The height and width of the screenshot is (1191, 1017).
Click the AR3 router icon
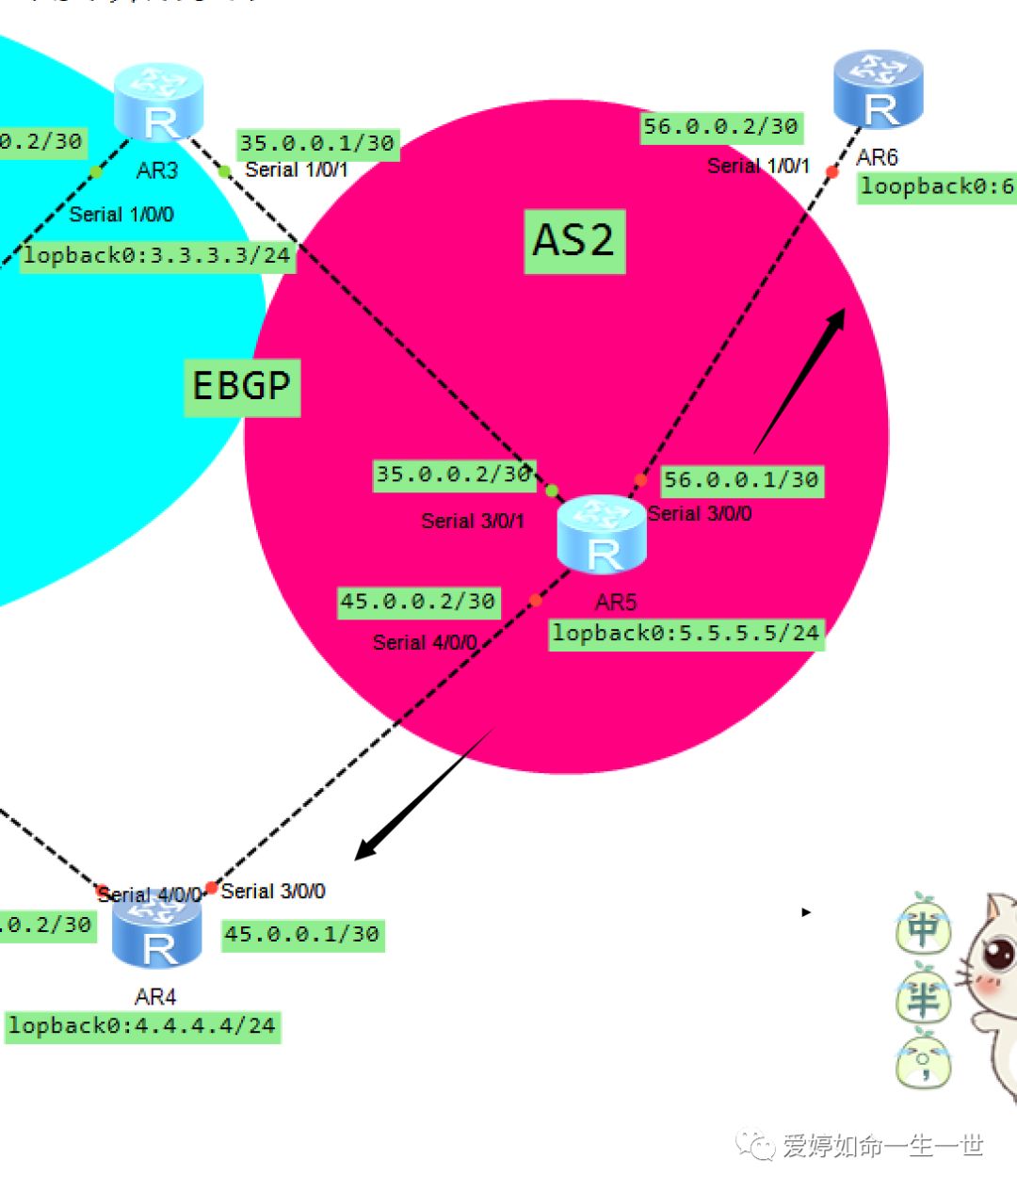[x=158, y=102]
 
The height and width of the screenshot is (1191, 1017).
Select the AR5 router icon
[x=602, y=534]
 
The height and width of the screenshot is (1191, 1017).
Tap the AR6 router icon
[x=878, y=89]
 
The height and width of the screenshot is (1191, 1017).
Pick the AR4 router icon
[x=156, y=932]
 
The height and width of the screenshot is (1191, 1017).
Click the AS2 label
[x=573, y=241]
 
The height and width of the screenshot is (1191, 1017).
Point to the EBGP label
[x=241, y=386]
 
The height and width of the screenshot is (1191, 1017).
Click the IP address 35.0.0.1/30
[x=316, y=144]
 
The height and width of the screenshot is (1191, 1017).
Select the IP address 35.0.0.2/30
[x=454, y=475]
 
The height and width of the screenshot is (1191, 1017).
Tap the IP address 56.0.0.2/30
[x=720, y=127]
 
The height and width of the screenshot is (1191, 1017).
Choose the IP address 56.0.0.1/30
[x=741, y=481]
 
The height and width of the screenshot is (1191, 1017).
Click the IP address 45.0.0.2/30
[x=417, y=603]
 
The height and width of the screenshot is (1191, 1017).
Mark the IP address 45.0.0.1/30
[x=302, y=935]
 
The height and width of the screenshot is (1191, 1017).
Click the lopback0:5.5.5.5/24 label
[x=686, y=634]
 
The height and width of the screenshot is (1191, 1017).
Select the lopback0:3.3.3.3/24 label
[x=156, y=256]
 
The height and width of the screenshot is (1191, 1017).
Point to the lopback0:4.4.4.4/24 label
[x=142, y=1026]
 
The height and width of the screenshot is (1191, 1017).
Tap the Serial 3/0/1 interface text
[x=473, y=521]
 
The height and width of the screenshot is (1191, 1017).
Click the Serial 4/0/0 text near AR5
[x=425, y=643]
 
